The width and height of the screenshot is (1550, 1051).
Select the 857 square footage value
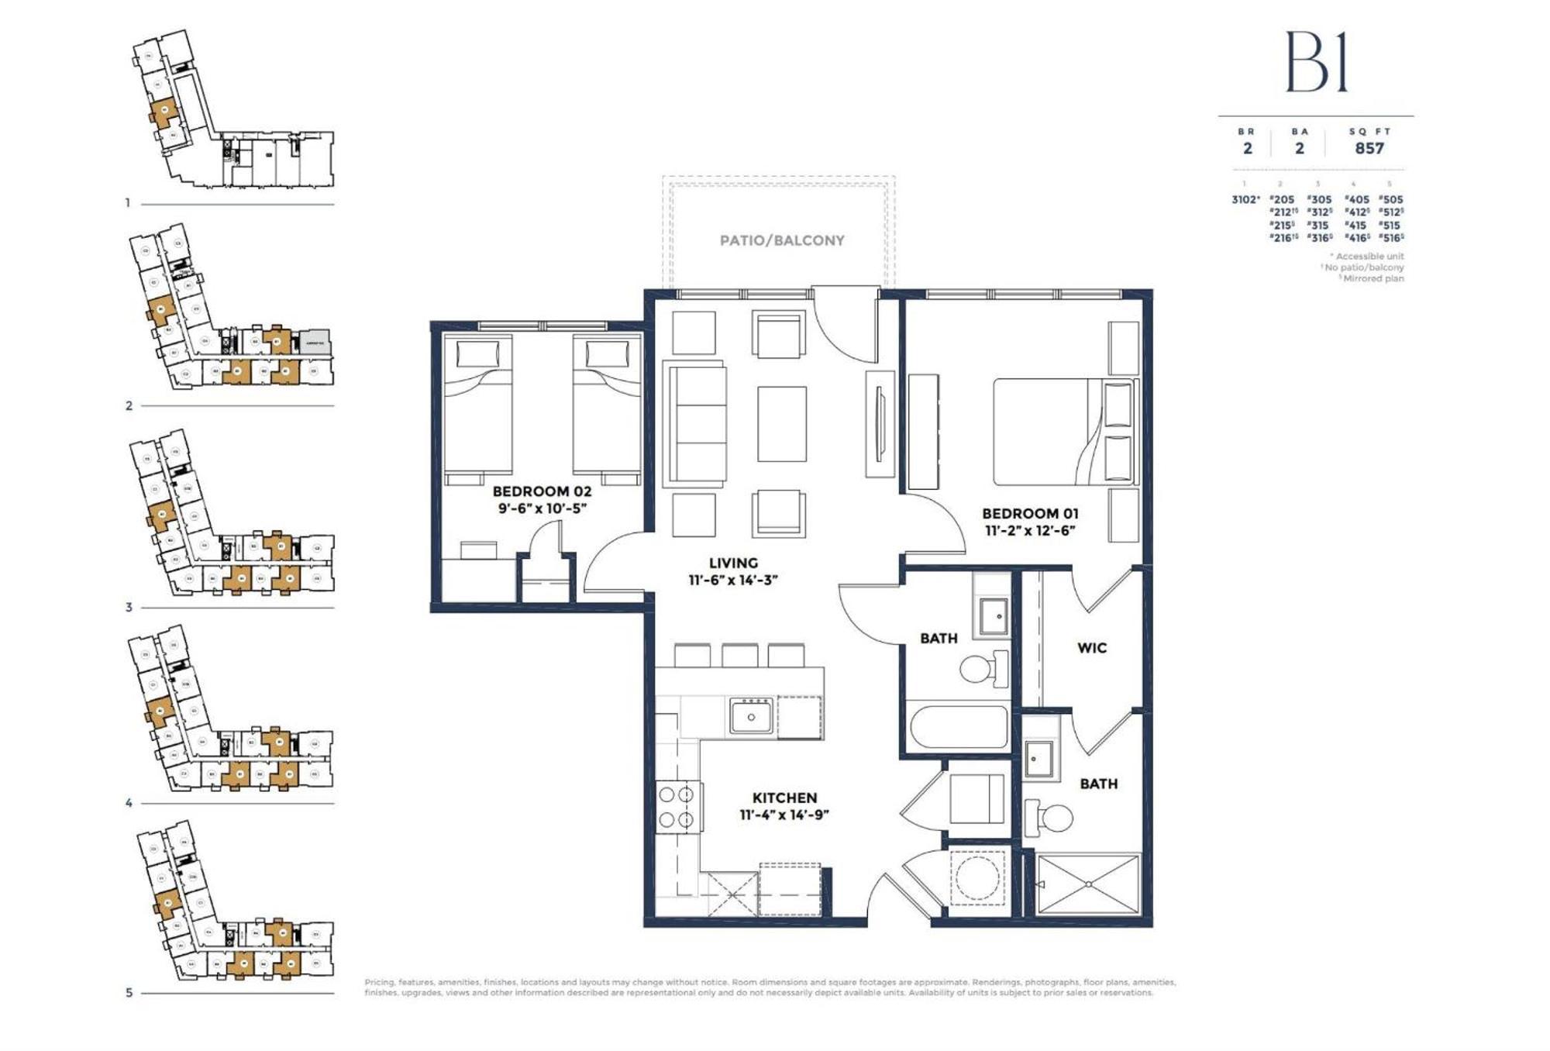(1369, 148)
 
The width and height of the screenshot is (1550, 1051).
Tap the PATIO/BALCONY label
(781, 240)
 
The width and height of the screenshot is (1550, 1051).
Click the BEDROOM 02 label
(542, 491)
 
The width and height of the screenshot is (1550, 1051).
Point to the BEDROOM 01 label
(1030, 513)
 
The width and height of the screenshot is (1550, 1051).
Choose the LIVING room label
(733, 563)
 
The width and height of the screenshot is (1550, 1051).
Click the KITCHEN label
(784, 798)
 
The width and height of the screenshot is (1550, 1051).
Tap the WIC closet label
(1091, 648)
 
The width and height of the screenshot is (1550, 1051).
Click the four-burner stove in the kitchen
(677, 807)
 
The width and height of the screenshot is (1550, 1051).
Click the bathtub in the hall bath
(958, 727)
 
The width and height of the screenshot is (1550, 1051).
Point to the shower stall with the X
(1088, 884)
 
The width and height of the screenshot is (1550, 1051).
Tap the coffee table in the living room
(781, 424)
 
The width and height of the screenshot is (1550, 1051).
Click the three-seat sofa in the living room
(697, 424)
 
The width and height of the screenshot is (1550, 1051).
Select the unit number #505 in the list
(1391, 199)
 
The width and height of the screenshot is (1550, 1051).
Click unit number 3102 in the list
(1245, 199)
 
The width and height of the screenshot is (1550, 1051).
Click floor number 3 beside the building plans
(129, 608)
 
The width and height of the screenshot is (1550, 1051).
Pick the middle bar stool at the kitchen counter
(739, 655)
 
